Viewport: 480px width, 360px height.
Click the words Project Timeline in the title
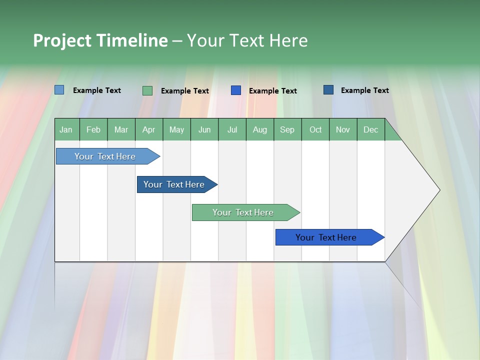tap(100, 40)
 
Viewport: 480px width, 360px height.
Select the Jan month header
tap(66, 129)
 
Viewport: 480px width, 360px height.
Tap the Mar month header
tap(121, 129)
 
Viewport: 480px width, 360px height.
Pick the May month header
tap(176, 129)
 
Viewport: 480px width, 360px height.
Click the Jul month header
tap(232, 129)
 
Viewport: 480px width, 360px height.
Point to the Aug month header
tap(259, 129)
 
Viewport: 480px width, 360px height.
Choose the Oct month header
tap(315, 129)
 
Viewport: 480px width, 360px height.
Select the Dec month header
tap(370, 129)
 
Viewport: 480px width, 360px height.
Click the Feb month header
tap(93, 129)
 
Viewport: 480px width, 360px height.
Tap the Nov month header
tap(342, 129)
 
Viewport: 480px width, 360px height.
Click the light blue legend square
tap(59, 90)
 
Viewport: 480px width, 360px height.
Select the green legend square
tap(147, 90)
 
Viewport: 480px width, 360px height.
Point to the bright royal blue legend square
tap(236, 90)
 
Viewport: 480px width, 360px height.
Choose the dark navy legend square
tap(328, 90)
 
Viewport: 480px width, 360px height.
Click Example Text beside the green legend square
tap(184, 91)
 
